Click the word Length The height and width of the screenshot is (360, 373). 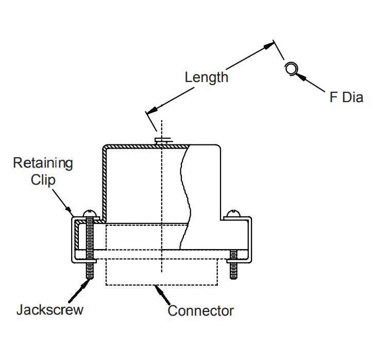[x=206, y=77]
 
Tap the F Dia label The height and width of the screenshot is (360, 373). [x=346, y=97]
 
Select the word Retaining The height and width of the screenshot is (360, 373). [x=43, y=163]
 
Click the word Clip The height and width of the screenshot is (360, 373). [x=43, y=180]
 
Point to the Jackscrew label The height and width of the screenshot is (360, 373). [x=49, y=310]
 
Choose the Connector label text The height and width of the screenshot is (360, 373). [x=200, y=311]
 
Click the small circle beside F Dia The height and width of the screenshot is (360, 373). [x=292, y=68]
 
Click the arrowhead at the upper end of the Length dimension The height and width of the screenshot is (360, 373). [x=268, y=46]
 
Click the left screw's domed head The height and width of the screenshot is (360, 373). [x=90, y=212]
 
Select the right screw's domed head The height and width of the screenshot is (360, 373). [x=234, y=212]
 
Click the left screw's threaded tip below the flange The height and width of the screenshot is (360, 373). [x=90, y=269]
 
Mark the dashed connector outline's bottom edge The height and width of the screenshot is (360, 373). [x=162, y=285]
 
